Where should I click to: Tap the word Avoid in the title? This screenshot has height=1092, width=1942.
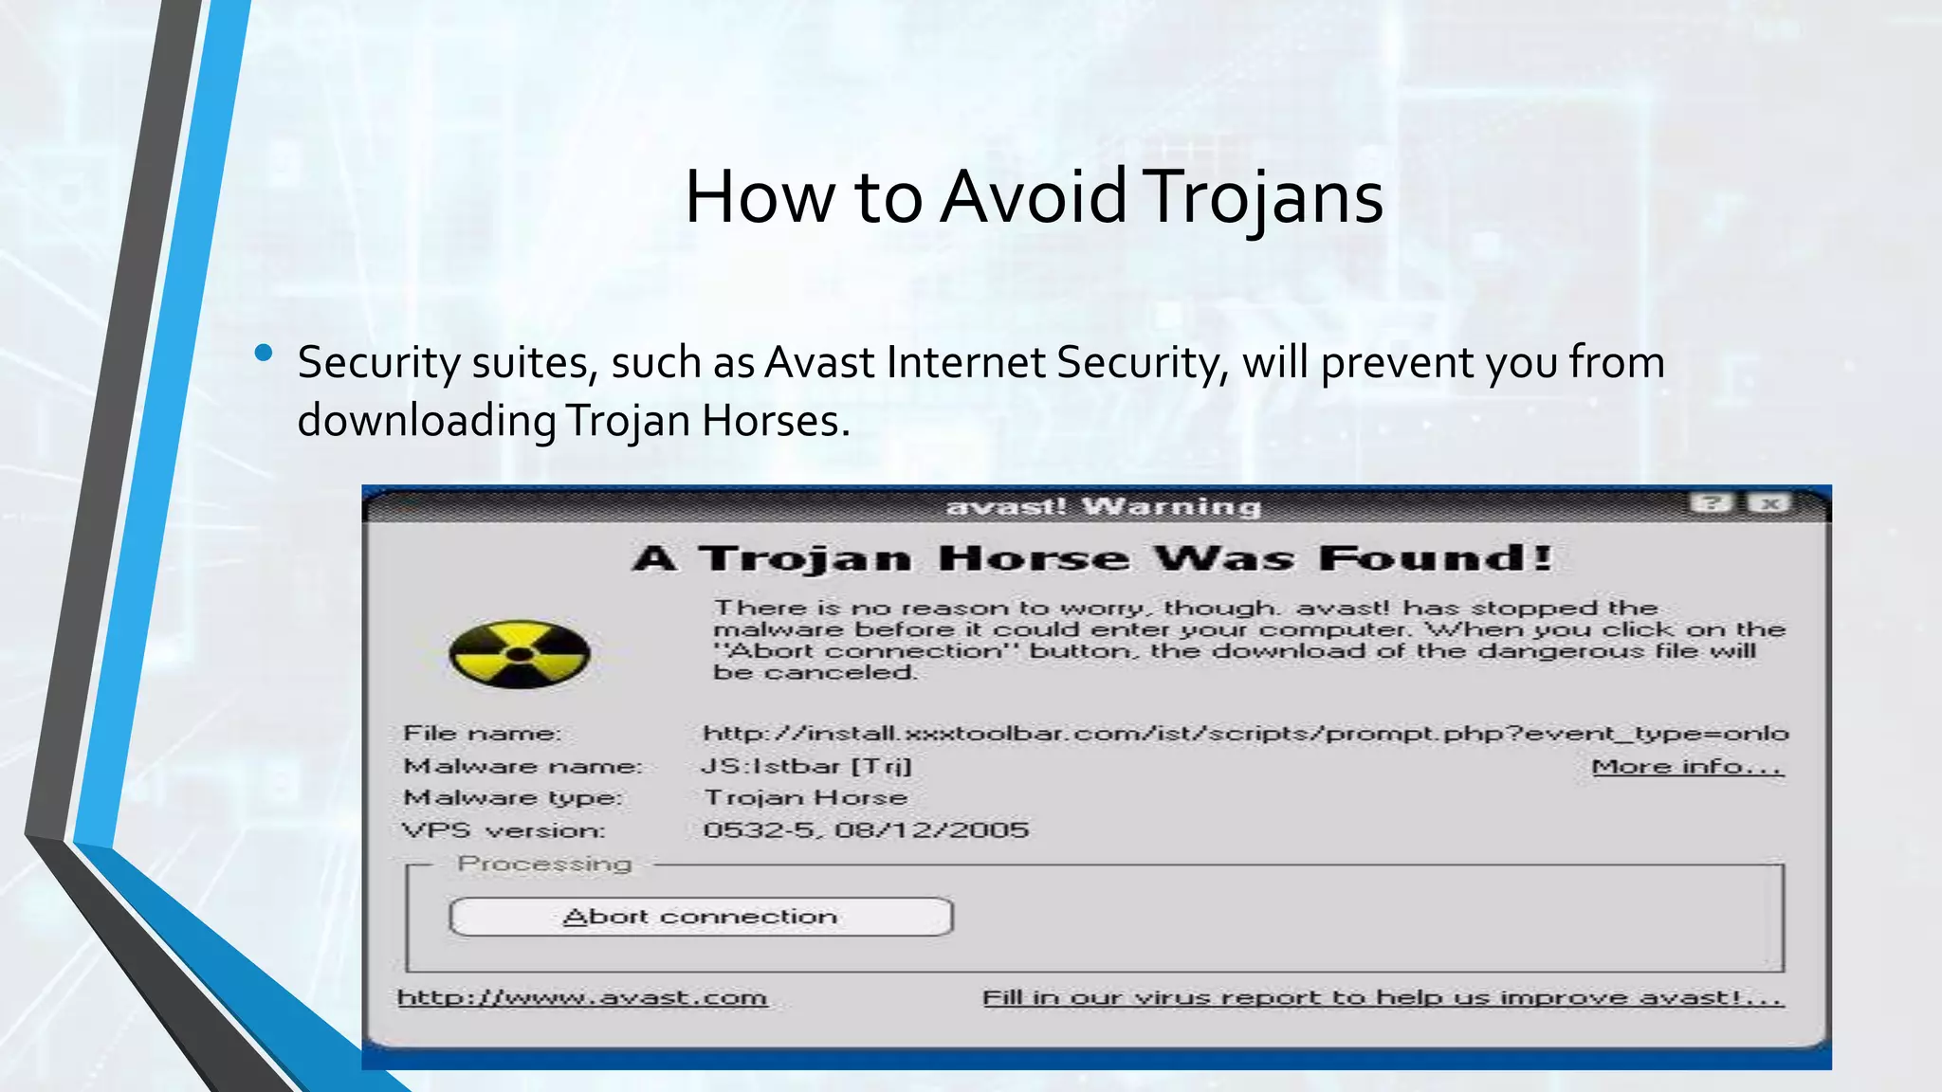(x=1034, y=197)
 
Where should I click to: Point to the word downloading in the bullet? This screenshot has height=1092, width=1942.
(x=427, y=421)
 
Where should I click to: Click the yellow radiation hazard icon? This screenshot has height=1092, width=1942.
(x=519, y=654)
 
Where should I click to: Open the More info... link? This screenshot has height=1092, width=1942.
(x=1687, y=766)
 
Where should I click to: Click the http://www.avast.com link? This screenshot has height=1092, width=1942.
(x=581, y=997)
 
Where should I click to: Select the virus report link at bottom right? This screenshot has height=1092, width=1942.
(x=1383, y=997)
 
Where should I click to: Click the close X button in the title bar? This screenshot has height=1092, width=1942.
(x=1769, y=503)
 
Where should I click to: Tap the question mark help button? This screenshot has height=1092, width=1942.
(x=1713, y=503)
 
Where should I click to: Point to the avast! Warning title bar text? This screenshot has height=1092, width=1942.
(x=1103, y=507)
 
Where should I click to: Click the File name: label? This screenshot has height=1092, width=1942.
(x=482, y=733)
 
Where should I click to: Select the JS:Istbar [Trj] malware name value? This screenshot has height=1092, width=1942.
(x=807, y=766)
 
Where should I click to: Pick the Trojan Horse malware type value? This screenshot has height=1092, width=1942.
(x=805, y=797)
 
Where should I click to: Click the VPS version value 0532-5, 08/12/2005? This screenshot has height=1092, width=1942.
(x=865, y=830)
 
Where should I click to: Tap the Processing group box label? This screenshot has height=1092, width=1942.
(x=544, y=864)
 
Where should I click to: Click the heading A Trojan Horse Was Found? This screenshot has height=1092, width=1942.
(x=1092, y=557)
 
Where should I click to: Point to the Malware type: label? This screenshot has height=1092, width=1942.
(x=513, y=797)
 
